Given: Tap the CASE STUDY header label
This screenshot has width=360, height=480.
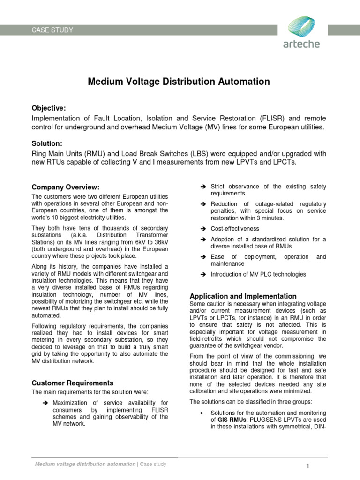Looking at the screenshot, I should point(52,30).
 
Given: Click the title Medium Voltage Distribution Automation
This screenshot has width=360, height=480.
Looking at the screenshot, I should point(179,82).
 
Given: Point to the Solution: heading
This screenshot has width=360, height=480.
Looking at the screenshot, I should point(47,143).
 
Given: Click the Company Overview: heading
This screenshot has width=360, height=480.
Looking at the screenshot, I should point(65,187).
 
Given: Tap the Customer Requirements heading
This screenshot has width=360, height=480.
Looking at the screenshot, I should point(72,383).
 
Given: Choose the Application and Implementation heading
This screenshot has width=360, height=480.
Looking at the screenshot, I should point(243,296).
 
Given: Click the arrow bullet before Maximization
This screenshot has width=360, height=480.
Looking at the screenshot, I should point(45,403).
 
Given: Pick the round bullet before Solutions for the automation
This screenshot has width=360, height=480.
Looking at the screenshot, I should point(201,412).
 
